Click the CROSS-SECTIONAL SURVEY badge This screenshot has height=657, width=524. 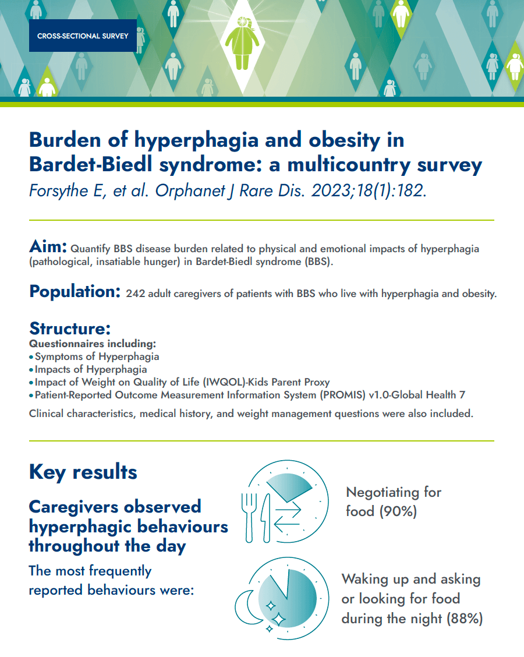click(x=83, y=36)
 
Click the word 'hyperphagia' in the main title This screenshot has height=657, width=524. click(x=186, y=140)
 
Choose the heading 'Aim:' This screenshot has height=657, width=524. click(x=49, y=247)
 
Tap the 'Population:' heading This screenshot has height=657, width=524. click(x=75, y=291)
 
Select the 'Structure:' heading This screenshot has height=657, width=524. click(x=70, y=328)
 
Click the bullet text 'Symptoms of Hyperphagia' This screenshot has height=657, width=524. click(x=97, y=356)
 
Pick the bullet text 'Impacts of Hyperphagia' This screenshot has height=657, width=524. click(x=91, y=369)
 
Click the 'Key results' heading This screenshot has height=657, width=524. click(x=83, y=472)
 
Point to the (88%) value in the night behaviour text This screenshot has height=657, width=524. click(x=465, y=619)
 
